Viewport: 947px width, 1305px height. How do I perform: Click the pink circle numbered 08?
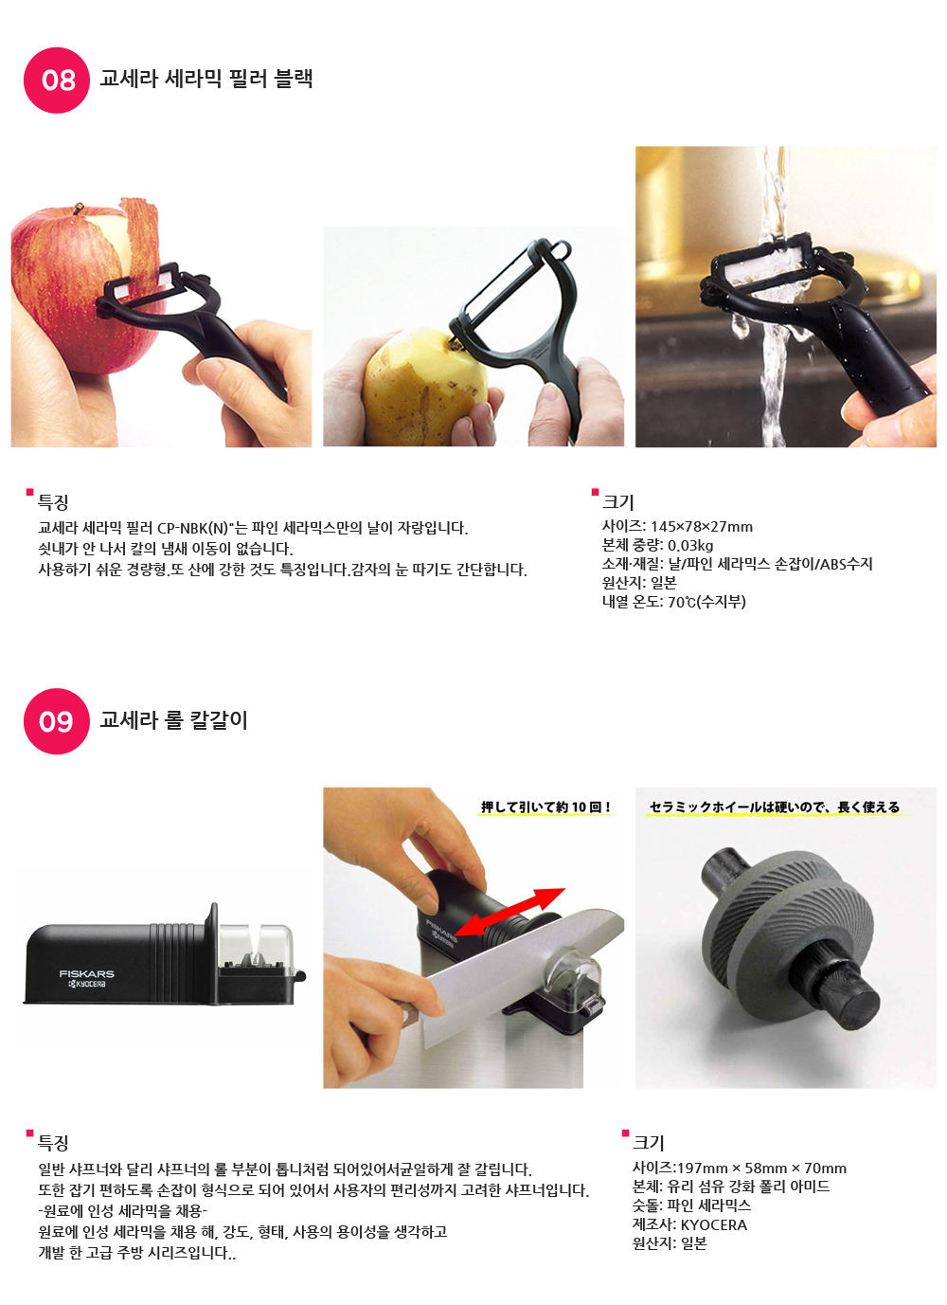point(57,81)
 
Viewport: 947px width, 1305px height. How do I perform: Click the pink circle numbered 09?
point(57,721)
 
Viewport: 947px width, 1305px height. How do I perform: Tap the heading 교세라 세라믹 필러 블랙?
point(206,78)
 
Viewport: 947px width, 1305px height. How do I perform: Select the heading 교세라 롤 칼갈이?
point(173,719)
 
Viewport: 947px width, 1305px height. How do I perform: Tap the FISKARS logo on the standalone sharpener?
point(86,973)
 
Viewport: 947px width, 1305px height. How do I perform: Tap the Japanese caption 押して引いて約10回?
point(545,807)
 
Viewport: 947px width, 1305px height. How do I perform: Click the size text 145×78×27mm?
point(702,527)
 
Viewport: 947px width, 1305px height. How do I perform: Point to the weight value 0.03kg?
point(690,545)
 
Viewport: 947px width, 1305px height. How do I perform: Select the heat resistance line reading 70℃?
point(673,601)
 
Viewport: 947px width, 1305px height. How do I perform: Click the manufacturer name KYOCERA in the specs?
point(714,1224)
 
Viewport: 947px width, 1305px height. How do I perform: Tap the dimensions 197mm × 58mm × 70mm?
point(762,1169)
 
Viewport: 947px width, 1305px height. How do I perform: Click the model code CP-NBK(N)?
point(192,529)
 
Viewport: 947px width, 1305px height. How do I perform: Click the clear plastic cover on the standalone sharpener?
point(256,945)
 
